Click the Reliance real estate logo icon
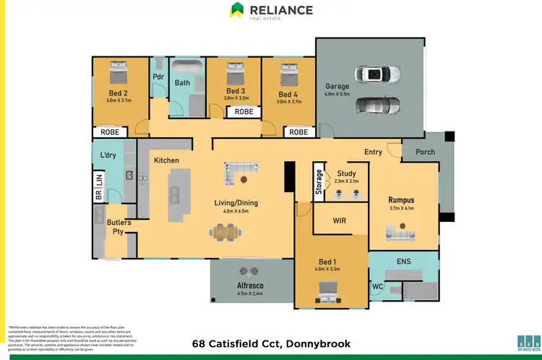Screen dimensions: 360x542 click(x=237, y=10)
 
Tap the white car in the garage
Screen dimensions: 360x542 click(x=377, y=74)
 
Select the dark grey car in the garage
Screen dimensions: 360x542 click(x=377, y=105)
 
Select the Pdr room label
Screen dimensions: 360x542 click(x=158, y=77)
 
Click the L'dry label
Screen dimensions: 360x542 click(x=108, y=155)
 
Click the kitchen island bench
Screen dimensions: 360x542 click(x=174, y=194)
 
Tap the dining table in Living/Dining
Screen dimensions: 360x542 click(x=227, y=231)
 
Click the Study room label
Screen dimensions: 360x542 click(x=345, y=173)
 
